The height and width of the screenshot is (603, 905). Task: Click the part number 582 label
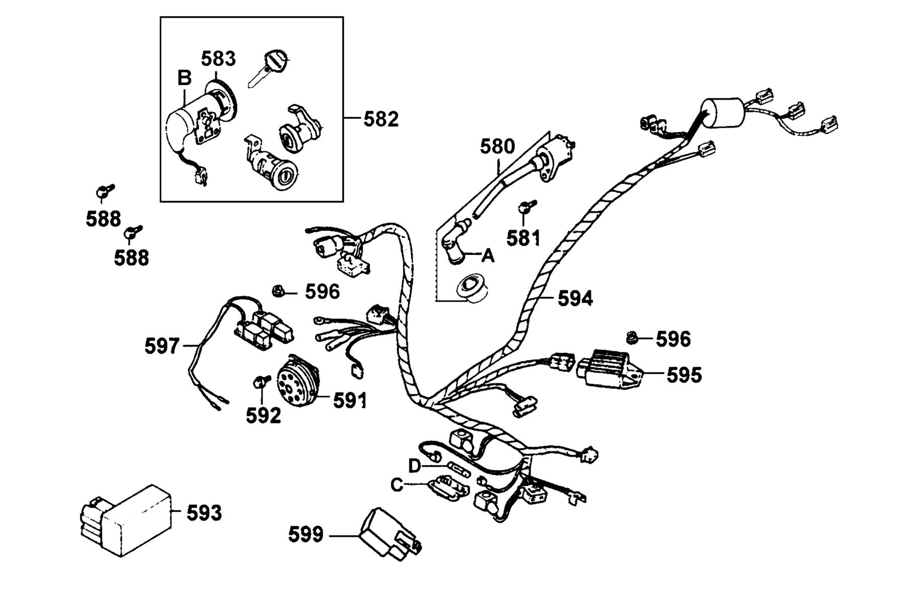point(381,119)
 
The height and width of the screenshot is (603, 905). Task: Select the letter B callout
point(185,78)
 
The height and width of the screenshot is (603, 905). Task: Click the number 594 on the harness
point(575,298)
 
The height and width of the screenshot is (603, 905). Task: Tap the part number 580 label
point(498,147)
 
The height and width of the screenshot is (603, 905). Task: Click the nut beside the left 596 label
point(278,290)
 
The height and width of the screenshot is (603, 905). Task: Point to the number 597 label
point(162,346)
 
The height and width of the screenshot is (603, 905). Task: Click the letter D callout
point(414,466)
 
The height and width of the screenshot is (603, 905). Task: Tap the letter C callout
point(397,485)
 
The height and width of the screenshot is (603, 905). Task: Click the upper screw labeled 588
point(105,191)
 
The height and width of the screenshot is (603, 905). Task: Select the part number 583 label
point(218,59)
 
